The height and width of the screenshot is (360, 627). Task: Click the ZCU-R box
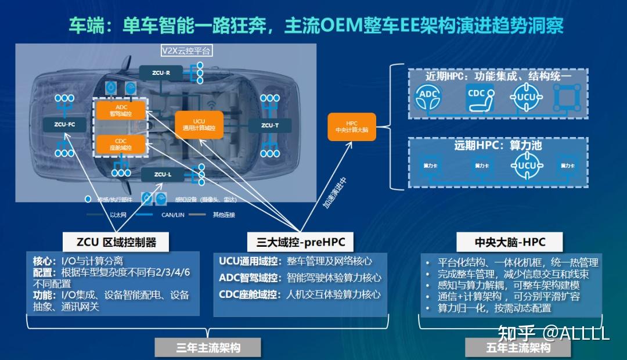click(x=161, y=73)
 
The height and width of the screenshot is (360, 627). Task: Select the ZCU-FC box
click(x=64, y=124)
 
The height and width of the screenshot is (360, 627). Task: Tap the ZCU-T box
click(x=269, y=125)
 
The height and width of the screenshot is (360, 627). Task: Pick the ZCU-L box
click(x=163, y=174)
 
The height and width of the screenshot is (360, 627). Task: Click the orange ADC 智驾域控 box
click(x=121, y=111)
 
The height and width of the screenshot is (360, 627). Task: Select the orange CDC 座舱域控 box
click(x=121, y=145)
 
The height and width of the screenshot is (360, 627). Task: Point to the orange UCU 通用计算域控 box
click(x=199, y=124)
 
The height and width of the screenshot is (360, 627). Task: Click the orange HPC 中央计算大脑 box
click(x=352, y=127)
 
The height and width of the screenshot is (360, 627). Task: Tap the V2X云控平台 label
click(x=187, y=51)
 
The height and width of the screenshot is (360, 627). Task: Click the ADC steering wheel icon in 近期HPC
click(x=428, y=98)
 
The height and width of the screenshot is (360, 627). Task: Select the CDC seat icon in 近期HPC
click(x=480, y=98)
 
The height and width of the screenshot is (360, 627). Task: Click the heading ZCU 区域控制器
click(x=116, y=242)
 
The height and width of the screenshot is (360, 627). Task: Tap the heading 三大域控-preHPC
click(x=300, y=242)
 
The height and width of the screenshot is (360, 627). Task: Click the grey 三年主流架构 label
click(x=208, y=348)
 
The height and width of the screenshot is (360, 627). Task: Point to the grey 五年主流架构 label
click(x=518, y=348)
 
